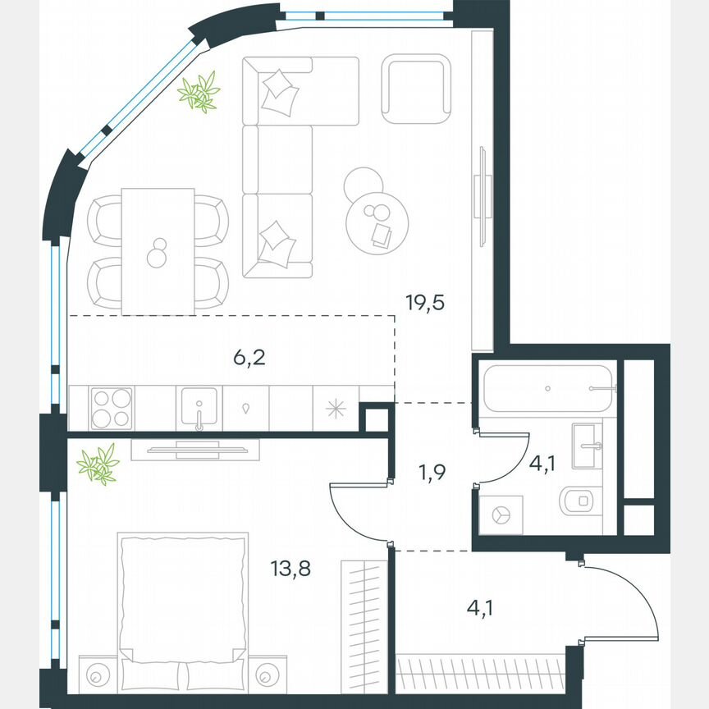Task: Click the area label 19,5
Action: click(424, 303)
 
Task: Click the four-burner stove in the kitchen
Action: click(110, 407)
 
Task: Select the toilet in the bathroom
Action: click(579, 500)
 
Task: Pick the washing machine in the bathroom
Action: click(500, 515)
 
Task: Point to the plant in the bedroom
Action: click(98, 465)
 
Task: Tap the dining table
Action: click(158, 250)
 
